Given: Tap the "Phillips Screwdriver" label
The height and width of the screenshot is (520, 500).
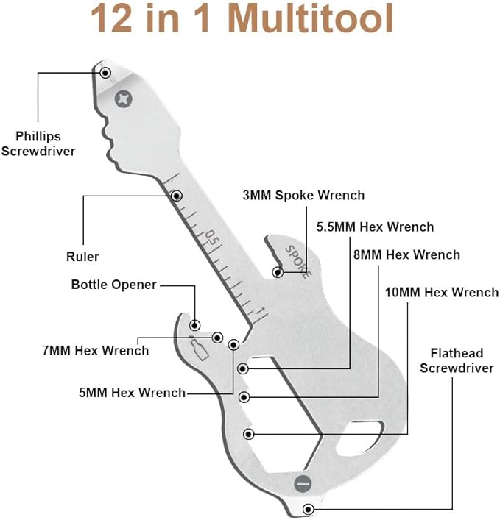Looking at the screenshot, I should (x=49, y=143).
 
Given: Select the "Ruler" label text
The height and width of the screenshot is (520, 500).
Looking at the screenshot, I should (x=82, y=257).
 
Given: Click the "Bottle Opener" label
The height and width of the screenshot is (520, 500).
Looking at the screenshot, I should (x=113, y=285).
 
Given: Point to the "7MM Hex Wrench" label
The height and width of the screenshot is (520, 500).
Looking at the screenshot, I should (x=95, y=351).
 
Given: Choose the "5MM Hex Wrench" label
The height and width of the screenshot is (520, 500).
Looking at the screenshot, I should (x=133, y=393).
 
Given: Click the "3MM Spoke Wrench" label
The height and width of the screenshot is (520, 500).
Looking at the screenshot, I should (x=303, y=195).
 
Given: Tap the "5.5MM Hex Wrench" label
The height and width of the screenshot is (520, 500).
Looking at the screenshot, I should (x=375, y=227).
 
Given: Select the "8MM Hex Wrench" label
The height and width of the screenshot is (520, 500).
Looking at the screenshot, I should (x=406, y=255).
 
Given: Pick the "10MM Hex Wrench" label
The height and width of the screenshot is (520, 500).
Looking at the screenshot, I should (x=441, y=293).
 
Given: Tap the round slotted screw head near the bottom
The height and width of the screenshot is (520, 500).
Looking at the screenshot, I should (x=302, y=483).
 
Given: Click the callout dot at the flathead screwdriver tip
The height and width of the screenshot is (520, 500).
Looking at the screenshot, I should (x=308, y=508).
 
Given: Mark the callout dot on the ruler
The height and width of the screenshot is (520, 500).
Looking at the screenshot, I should (x=177, y=196).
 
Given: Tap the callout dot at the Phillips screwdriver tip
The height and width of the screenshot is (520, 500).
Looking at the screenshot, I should (x=106, y=72).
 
